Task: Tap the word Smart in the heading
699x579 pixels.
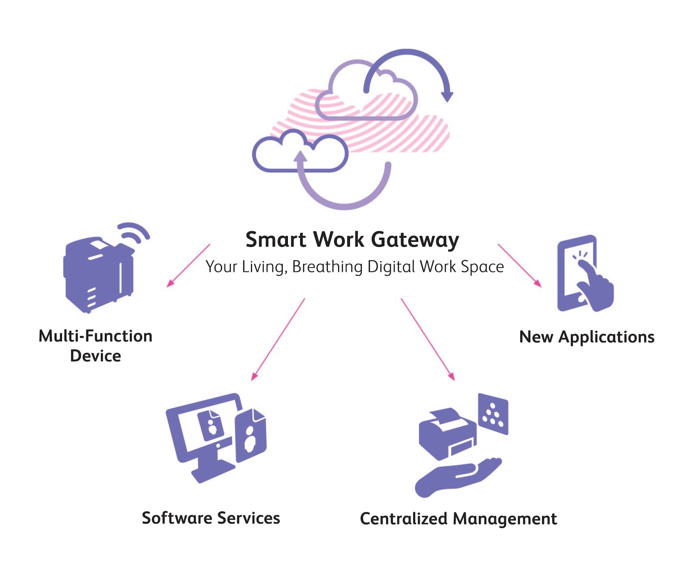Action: pos(275,240)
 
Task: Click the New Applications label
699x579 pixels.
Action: pos(587,337)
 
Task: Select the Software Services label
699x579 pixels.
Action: pos(211,518)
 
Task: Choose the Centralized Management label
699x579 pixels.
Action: pos(458,519)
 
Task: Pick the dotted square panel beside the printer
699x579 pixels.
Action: pos(493,414)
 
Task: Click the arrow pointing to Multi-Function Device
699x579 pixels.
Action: pos(188,265)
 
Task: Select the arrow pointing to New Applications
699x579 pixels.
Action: pos(519,265)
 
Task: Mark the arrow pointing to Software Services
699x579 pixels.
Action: pos(278,339)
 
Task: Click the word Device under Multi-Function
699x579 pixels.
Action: pos(96,356)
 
